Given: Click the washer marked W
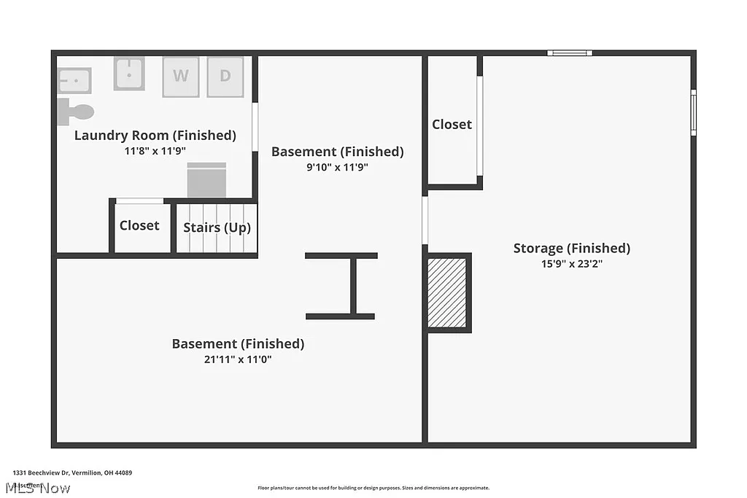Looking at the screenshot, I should point(181,77).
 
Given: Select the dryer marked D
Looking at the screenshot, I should point(225,77).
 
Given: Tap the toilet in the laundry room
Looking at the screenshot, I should point(74,112).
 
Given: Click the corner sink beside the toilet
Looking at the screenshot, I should point(74,80).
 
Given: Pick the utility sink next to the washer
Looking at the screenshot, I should point(129,74).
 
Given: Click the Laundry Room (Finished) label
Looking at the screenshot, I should point(155,136).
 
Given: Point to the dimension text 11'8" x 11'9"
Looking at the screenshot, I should point(155,152).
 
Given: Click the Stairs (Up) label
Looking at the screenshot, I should point(217,227).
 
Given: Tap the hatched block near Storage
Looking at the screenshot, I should point(446,292).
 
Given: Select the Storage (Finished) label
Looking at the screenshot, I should point(571,249).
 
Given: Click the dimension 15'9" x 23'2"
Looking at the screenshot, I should point(571,264).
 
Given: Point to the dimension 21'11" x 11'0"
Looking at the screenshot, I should point(238,359).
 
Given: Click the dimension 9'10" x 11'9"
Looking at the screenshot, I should point(337,167).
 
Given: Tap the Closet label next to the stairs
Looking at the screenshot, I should point(139,226).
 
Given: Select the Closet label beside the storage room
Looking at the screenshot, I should point(452,125).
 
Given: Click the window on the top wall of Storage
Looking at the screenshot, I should point(570,52).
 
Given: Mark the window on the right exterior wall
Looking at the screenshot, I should point(693,112).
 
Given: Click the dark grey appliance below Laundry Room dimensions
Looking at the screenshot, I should point(207,179).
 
